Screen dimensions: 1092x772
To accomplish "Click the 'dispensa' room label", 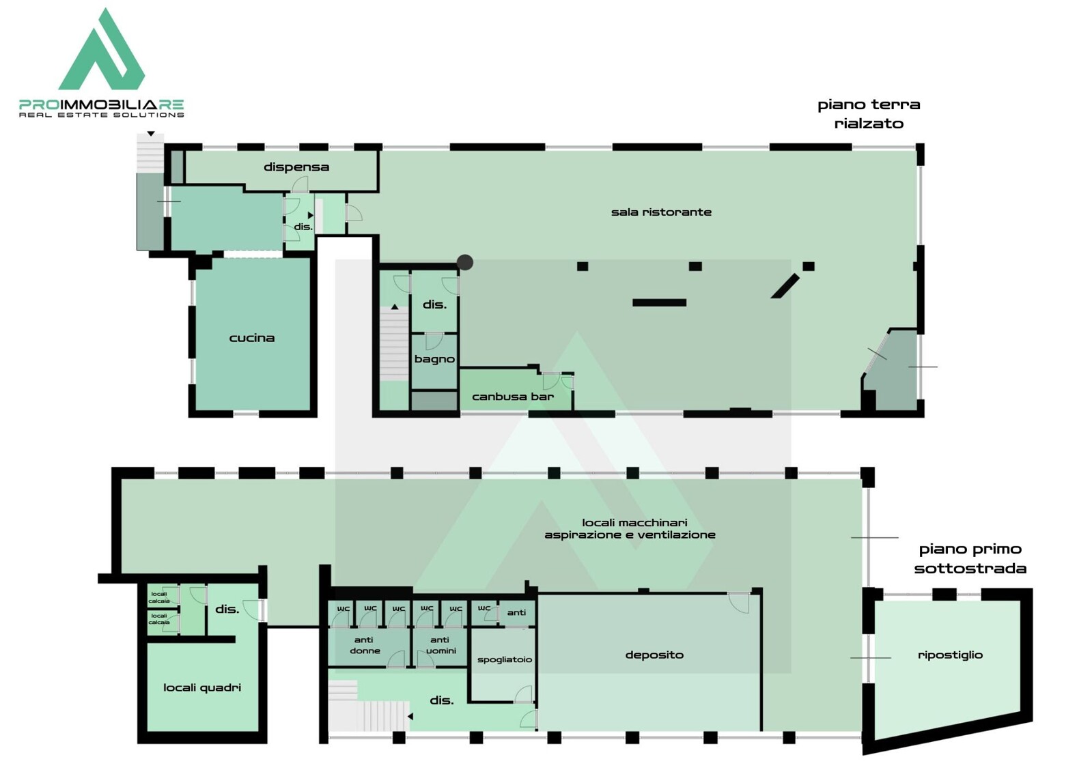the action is [x=296, y=167].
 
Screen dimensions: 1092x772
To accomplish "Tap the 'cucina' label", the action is [x=252, y=338].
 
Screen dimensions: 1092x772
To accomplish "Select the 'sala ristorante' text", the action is [x=661, y=212].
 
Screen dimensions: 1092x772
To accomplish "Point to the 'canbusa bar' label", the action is [x=513, y=396].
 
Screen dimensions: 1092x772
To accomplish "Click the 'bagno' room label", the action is [x=434, y=359].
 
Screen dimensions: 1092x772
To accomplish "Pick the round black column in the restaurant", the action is [x=465, y=262].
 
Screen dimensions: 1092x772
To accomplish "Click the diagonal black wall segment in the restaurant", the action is [x=785, y=286].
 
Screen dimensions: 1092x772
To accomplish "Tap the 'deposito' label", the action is [x=654, y=655].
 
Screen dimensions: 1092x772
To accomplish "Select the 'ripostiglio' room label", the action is [x=950, y=655].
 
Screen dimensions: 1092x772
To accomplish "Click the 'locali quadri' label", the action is [x=202, y=687].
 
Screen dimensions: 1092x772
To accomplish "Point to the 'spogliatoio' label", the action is [x=505, y=659].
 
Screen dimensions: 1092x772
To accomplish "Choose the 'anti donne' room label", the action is [x=365, y=645].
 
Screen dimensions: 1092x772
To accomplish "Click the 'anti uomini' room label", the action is [x=440, y=645].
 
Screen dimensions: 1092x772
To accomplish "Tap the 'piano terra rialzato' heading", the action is [x=869, y=113].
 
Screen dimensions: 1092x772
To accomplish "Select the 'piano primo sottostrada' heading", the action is [x=970, y=558].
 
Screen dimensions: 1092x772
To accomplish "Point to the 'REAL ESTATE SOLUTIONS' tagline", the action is [x=101, y=115].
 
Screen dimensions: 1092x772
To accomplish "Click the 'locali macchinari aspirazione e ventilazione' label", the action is [x=630, y=528].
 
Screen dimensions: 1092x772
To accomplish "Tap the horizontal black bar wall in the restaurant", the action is [x=659, y=302].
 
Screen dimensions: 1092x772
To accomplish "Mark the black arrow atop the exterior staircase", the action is [x=151, y=134].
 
